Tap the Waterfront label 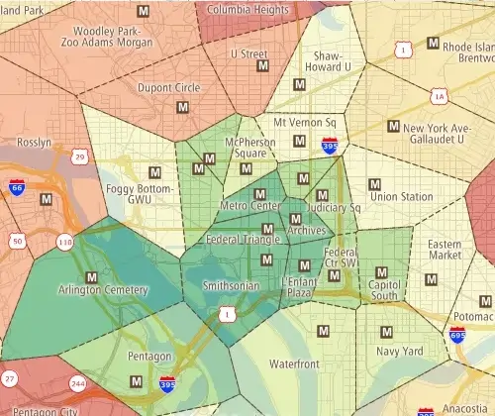point(293,364)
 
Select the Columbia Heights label point(247,9)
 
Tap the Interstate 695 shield point(457,337)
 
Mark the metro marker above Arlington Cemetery point(92,276)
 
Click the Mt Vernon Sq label point(305,123)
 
